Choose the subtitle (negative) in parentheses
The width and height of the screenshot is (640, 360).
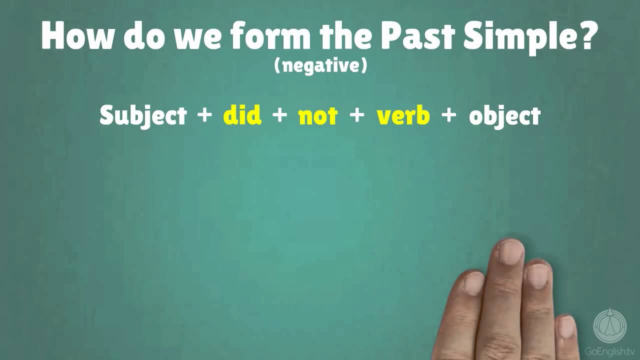(320, 65)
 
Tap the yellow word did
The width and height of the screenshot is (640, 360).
(242, 115)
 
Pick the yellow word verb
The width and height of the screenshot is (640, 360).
(403, 115)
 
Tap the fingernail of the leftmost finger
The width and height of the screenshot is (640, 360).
(473, 283)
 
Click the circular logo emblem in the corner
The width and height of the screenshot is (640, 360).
(609, 325)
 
